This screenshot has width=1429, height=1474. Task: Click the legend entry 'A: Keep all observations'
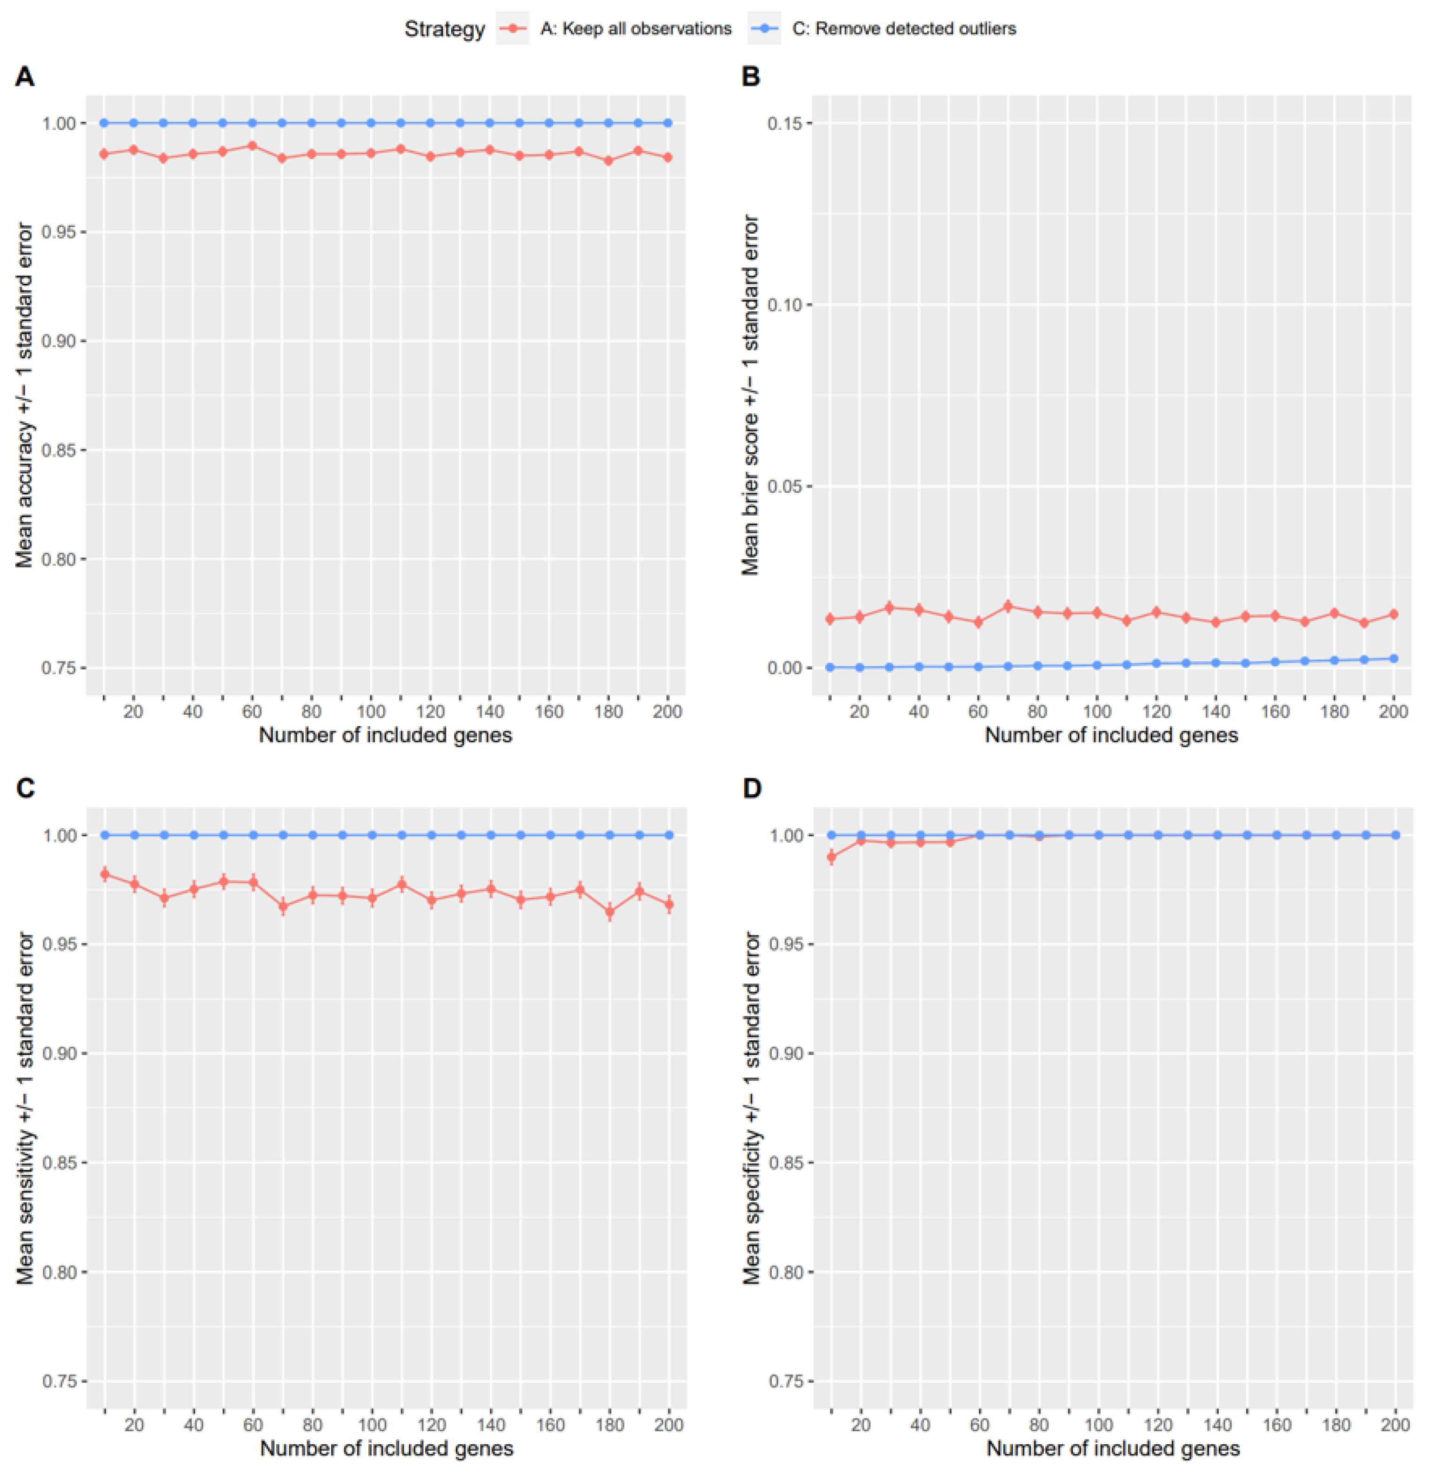point(635,28)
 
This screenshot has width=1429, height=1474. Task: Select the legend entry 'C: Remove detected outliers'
point(903,28)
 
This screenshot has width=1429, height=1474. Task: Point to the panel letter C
point(25,788)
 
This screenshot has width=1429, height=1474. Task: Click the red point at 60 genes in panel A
point(253,146)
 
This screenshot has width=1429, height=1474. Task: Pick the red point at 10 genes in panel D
point(831,857)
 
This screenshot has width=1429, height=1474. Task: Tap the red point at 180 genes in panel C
point(610,911)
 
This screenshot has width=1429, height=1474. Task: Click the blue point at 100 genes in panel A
point(371,122)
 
